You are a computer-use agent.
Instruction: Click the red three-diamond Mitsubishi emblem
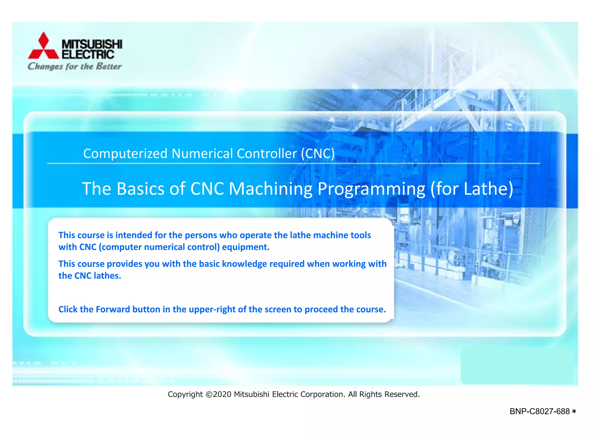tap(44, 46)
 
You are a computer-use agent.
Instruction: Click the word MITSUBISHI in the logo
tap(92, 44)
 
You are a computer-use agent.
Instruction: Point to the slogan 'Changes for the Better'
tap(75, 66)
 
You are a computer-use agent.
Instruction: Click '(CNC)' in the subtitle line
tap(318, 153)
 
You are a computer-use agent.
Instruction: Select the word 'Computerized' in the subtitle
tap(125, 154)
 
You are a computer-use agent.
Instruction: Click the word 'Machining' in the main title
tap(271, 189)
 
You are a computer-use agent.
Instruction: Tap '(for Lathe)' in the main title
tap(472, 189)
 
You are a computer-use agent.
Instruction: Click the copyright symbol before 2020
tap(209, 394)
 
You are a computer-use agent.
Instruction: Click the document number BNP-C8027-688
tap(539, 412)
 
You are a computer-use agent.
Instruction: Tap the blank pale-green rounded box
tap(517, 366)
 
